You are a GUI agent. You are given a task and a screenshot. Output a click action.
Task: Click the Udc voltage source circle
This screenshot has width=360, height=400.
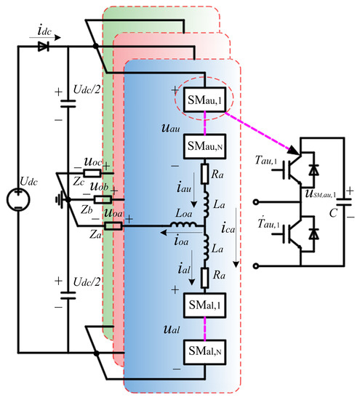[x=18, y=197]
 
